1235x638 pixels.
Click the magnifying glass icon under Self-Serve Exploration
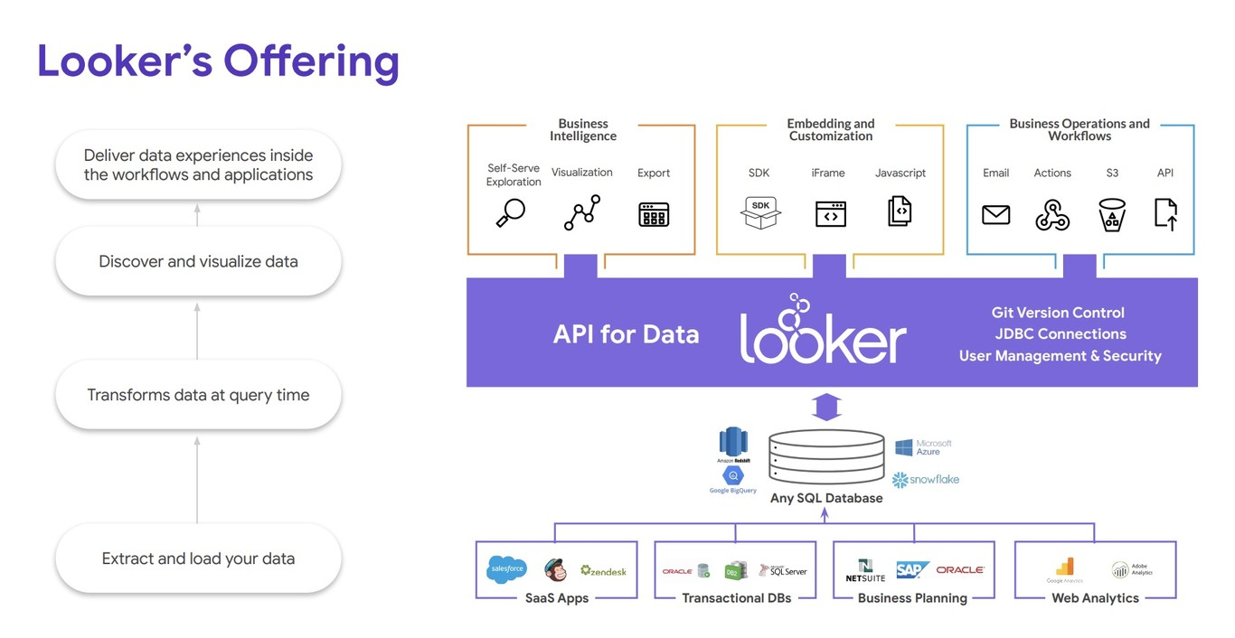pos(511,213)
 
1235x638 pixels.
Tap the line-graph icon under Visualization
pos(582,213)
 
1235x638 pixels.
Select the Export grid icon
pos(654,214)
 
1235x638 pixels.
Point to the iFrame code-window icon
pos(830,213)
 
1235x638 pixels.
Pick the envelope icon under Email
pos(995,215)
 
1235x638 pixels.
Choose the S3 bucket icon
pos(1111,215)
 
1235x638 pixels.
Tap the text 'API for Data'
pos(626,334)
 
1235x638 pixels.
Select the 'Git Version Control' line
pos(1058,313)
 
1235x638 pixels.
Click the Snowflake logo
pos(926,480)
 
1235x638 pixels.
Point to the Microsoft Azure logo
pos(923,447)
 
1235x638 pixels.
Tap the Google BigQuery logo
pos(732,479)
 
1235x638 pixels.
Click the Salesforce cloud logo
pos(507,569)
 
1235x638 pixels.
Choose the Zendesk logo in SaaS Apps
pos(603,571)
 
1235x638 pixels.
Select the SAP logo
pos(912,570)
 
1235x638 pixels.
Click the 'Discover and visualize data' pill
pos(198,262)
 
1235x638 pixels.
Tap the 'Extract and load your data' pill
pos(198,558)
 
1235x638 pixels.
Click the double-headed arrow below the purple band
pos(826,407)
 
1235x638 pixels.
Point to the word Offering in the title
pos(311,61)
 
